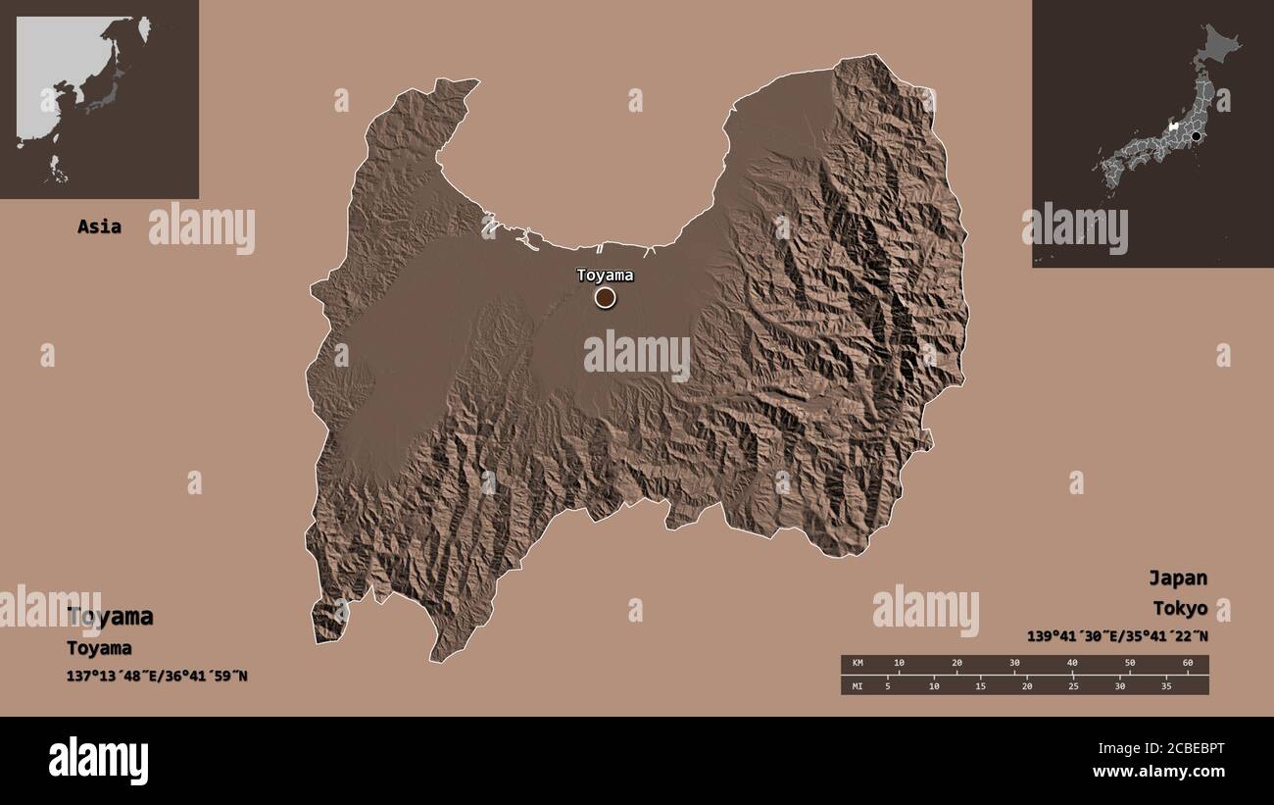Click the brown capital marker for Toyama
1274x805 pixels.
[606, 297]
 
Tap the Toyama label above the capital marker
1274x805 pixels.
[605, 275]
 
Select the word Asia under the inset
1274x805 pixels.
[100, 226]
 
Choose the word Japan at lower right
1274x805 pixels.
[1178, 578]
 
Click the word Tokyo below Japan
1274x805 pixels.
[1180, 608]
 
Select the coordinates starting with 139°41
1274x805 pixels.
[1117, 635]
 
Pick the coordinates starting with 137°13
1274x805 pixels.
[157, 676]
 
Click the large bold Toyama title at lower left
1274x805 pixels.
[110, 617]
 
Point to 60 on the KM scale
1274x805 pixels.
[1188, 664]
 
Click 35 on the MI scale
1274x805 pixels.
[1166, 685]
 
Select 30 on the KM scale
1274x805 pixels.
[1014, 664]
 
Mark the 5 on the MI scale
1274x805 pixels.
[888, 685]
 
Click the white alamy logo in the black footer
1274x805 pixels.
[99, 761]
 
